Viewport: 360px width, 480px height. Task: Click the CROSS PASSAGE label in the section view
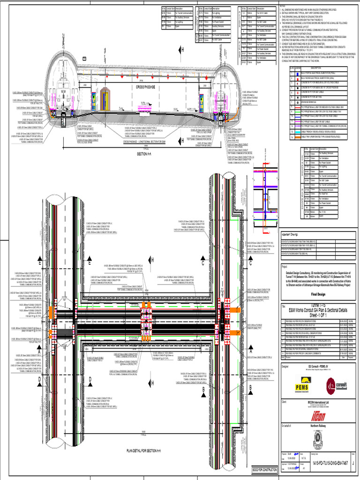click(145, 88)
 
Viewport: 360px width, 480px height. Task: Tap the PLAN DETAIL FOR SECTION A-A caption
click(143, 450)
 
